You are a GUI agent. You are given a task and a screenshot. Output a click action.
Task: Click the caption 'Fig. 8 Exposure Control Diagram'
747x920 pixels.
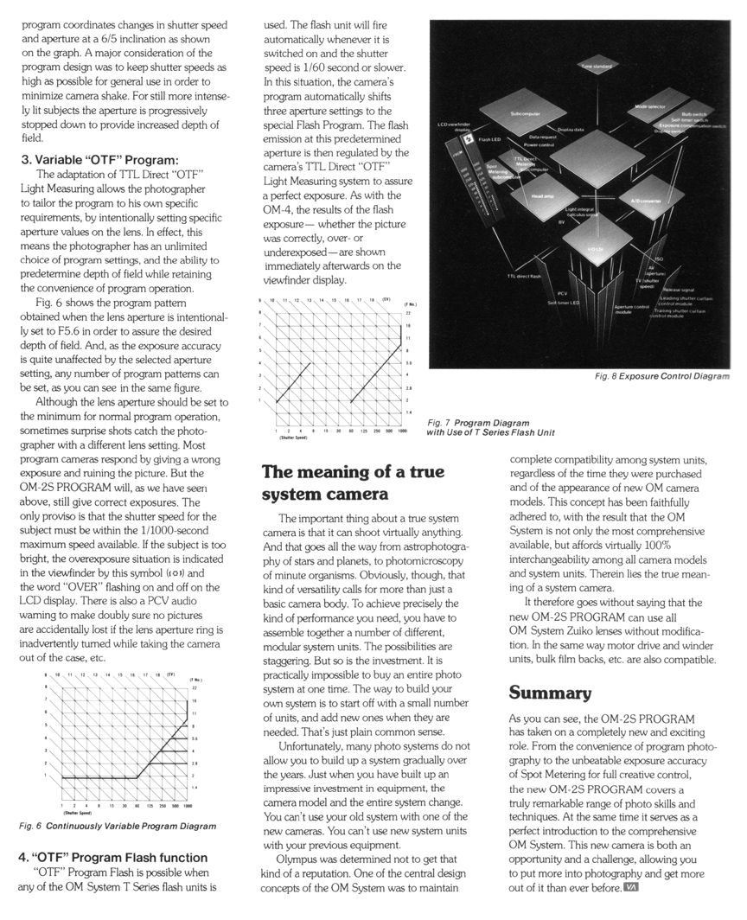coord(663,376)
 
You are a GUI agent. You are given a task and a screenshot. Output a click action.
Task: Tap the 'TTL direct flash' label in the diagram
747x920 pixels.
coord(523,276)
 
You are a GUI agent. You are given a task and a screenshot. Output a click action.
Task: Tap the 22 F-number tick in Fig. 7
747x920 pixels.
coord(408,313)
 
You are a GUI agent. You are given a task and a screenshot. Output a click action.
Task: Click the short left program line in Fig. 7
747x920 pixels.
coord(293,382)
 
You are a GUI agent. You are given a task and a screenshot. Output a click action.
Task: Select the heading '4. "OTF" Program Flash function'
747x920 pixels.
coord(113,857)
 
